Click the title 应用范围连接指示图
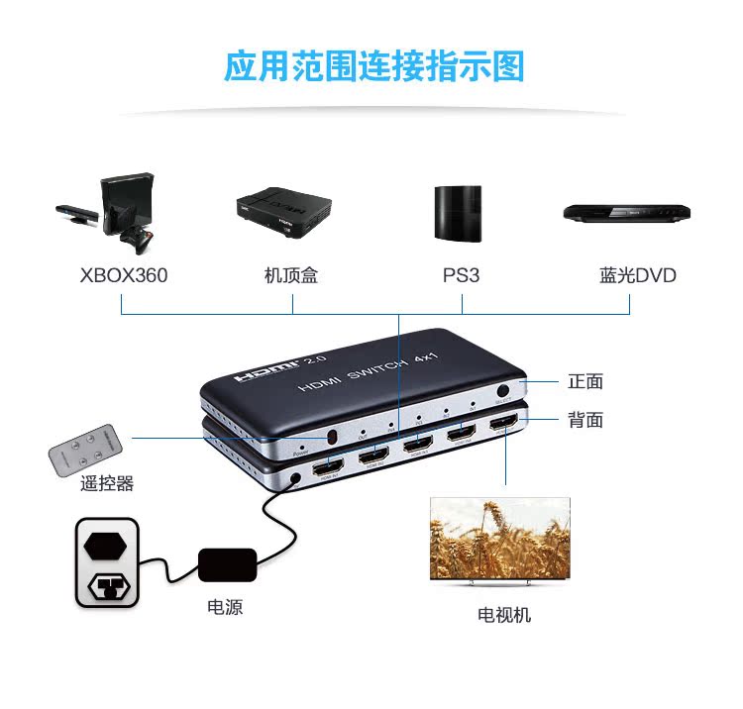pyautogui.click(x=373, y=66)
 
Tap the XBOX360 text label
pyautogui.click(x=124, y=275)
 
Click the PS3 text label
pyautogui.click(x=461, y=275)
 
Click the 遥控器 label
pyautogui.click(x=107, y=483)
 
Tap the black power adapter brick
pyautogui.click(x=228, y=564)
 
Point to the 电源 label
pyautogui.click(x=225, y=607)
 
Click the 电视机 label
pyautogui.click(x=504, y=615)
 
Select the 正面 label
pyautogui.click(x=585, y=382)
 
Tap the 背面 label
pyautogui.click(x=585, y=420)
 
